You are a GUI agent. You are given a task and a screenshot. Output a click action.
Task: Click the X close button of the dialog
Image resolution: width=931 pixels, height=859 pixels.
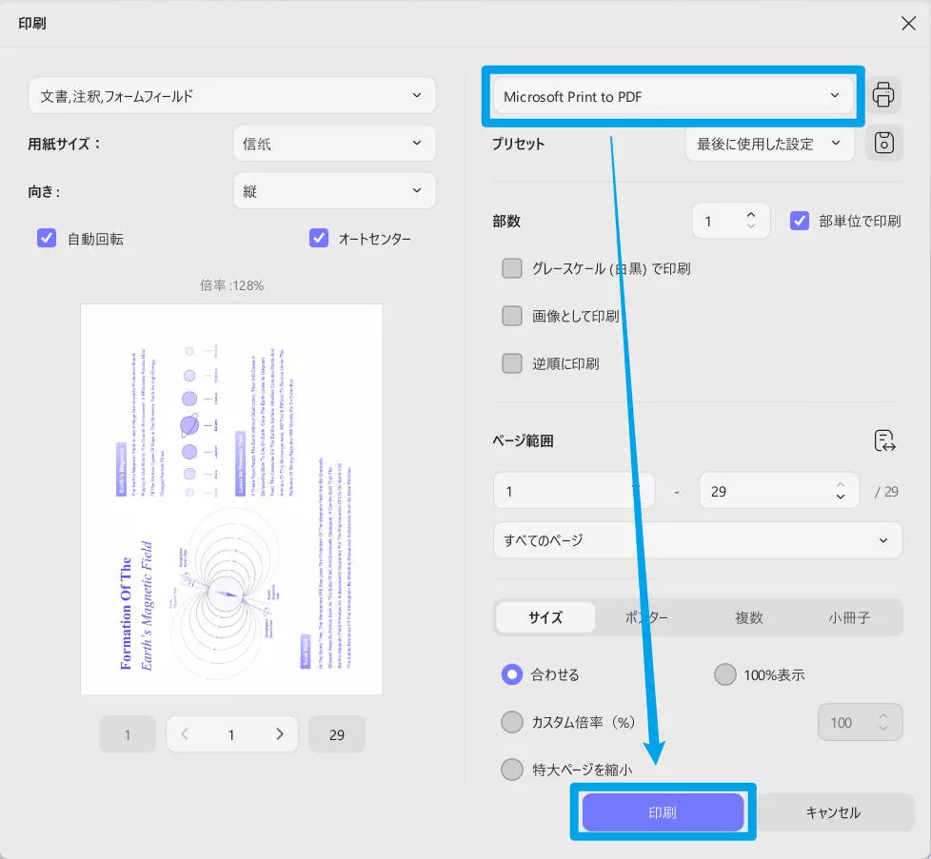tap(907, 24)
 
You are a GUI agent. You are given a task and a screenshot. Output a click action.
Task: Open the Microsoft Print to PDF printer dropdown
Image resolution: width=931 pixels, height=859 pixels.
tap(672, 95)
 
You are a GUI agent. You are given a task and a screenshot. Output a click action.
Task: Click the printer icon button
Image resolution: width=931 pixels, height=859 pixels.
tap(883, 95)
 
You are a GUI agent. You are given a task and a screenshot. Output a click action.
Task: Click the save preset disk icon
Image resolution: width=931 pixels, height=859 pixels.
tap(883, 144)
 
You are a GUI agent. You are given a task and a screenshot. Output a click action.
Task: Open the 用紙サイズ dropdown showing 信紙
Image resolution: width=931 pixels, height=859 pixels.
tap(333, 143)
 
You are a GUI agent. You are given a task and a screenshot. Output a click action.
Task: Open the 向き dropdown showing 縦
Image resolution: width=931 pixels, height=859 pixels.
tap(333, 190)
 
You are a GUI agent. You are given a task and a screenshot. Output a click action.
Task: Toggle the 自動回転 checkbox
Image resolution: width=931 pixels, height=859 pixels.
tap(47, 238)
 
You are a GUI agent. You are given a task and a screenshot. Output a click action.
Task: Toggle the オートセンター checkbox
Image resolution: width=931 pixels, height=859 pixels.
tap(319, 238)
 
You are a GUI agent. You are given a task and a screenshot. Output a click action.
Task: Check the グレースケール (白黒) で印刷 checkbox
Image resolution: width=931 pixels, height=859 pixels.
tap(512, 268)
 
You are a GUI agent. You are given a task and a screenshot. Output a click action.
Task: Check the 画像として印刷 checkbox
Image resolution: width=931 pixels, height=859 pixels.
tap(512, 316)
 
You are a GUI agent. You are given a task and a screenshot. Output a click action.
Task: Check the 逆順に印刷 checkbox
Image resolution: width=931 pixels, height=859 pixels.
tap(512, 363)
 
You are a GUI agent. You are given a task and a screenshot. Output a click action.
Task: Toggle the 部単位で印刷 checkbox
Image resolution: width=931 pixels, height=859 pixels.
tap(800, 221)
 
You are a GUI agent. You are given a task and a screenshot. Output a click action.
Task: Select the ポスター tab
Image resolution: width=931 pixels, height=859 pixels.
tap(646, 617)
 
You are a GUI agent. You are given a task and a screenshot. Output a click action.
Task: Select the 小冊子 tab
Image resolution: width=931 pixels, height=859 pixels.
tap(849, 617)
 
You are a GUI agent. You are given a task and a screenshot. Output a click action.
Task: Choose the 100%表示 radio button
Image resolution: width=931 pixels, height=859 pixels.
tap(725, 674)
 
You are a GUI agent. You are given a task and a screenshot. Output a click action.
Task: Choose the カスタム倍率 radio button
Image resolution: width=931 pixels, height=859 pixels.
tap(512, 722)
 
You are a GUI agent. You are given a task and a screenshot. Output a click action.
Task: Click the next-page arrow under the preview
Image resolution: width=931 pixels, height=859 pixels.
tap(280, 734)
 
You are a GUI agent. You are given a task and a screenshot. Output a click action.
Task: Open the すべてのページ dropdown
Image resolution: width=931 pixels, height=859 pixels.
tap(697, 540)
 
